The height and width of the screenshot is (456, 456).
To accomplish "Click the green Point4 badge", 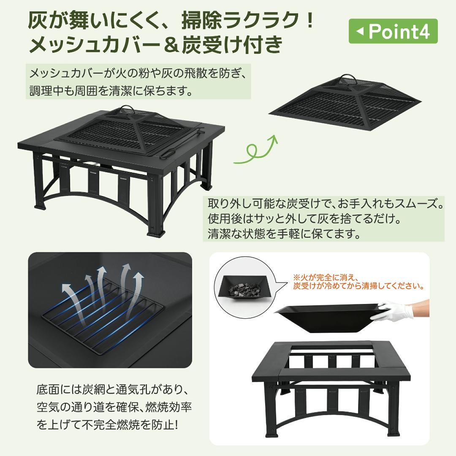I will point(393,31).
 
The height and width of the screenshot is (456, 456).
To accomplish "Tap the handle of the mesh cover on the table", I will point(127,110).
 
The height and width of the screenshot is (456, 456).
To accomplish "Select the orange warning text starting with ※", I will point(358,282).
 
